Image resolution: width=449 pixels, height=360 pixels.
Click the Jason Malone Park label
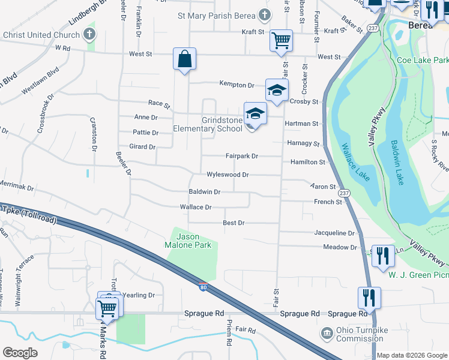pyautogui.click(x=191, y=241)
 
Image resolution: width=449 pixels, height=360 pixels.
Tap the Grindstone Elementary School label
pyautogui.click(x=208, y=124)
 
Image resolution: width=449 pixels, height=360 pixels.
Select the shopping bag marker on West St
pyautogui.click(x=184, y=59)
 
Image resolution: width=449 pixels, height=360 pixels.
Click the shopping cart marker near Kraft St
pyautogui.click(x=280, y=41)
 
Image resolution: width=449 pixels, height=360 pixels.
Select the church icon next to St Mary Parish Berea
pyautogui.click(x=264, y=15)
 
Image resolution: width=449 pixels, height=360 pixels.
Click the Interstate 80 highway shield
pyautogui.click(x=203, y=287)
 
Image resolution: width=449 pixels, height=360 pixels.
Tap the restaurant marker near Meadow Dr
pyautogui.click(x=382, y=256)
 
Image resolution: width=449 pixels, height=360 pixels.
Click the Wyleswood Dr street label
pyautogui.click(x=228, y=175)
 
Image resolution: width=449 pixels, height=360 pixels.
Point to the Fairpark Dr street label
pyautogui.click(x=241, y=156)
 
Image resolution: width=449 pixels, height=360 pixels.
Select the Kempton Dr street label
pyautogui.click(x=237, y=84)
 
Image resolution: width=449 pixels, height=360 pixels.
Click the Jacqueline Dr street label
pyautogui.click(x=334, y=233)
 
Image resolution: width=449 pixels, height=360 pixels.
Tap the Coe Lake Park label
pyautogui.click(x=423, y=61)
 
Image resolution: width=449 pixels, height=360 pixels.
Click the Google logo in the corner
pyautogui.click(x=20, y=352)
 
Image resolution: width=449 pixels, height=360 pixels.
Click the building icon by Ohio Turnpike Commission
pyautogui.click(x=326, y=332)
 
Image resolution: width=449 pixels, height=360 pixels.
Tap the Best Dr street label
pyautogui.click(x=234, y=223)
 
